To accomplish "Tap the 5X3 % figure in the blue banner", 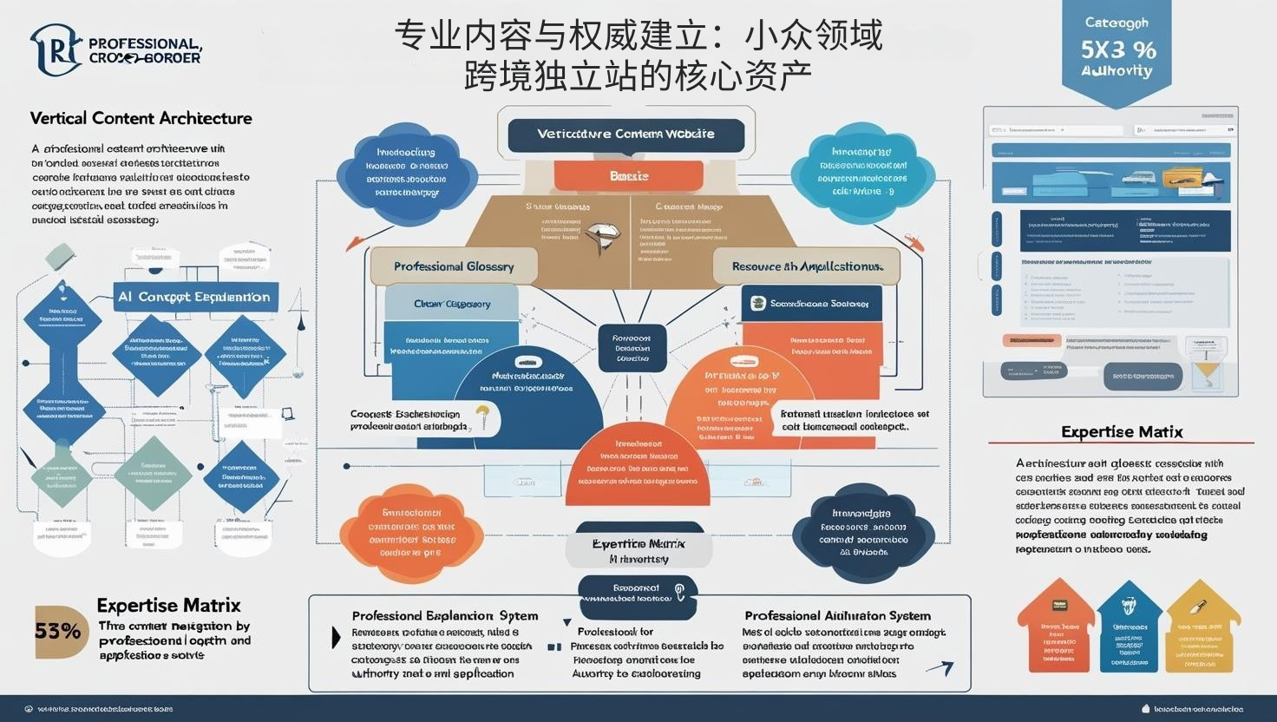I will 1117,49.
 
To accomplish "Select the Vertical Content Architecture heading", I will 141,118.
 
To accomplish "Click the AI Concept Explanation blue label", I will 194,297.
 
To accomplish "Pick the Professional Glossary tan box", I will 454,266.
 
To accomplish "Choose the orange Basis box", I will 629,176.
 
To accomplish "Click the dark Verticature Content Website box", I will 625,135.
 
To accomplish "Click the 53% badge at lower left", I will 57,631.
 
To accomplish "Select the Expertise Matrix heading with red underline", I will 1121,432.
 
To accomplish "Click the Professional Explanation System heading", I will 444,616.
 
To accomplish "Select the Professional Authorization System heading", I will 837,616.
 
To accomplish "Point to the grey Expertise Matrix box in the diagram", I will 638,551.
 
